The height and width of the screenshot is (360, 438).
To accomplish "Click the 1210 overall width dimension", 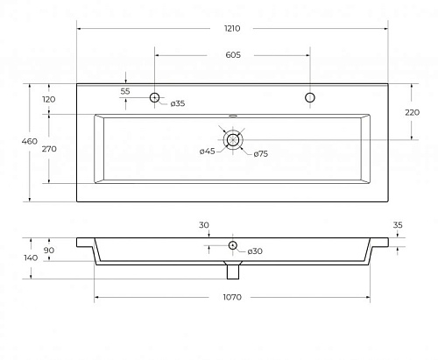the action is coord(232,28).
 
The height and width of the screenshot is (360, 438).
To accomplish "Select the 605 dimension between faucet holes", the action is coord(233,55).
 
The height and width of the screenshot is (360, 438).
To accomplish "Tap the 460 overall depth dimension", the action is coord(30,141).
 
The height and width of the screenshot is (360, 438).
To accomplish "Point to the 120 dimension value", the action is coord(49,100).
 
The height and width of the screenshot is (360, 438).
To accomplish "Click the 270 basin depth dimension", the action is coord(49,149).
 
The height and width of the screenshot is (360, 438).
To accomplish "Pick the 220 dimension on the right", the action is coord(412,112).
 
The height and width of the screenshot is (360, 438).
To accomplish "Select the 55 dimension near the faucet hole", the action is coord(125,91).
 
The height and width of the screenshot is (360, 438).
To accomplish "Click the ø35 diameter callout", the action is coord(178,103).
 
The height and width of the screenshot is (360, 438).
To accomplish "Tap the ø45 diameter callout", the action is coord(208,152).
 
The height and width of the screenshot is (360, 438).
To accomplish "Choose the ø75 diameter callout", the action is coord(261,154).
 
